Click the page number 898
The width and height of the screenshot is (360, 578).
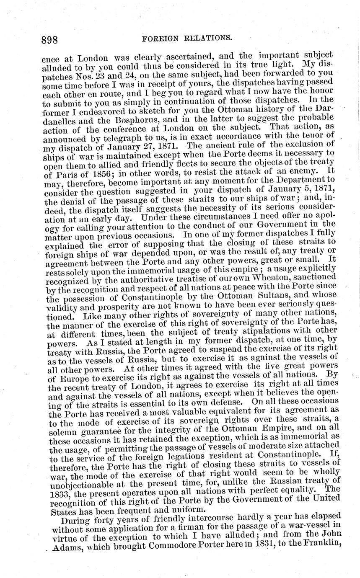[x=50, y=40]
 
